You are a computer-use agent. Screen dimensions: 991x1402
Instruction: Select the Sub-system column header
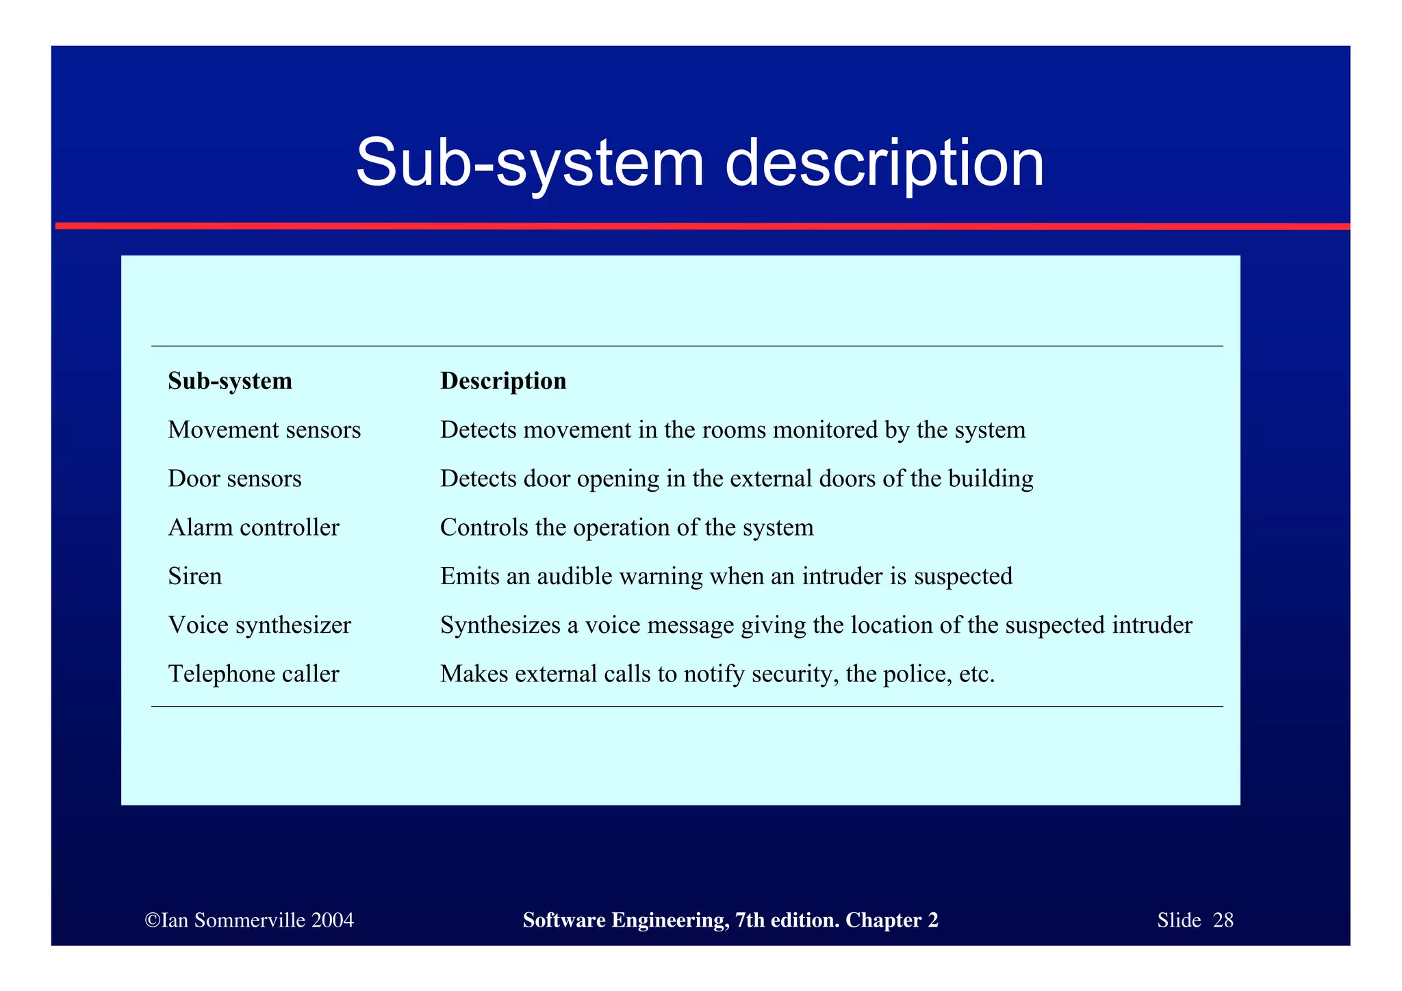pos(230,381)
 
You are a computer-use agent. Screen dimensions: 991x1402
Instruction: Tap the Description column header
pos(503,381)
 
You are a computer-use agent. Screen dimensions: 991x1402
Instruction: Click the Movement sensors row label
pos(264,430)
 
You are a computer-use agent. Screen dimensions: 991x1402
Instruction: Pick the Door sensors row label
pos(235,479)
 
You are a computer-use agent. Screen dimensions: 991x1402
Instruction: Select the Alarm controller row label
pos(253,527)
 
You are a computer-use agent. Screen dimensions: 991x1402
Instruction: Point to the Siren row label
pos(195,576)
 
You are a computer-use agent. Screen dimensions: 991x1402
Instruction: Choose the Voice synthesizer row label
pos(259,625)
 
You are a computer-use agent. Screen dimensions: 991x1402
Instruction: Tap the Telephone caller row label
pos(253,674)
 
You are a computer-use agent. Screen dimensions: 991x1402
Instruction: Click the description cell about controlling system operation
pos(626,527)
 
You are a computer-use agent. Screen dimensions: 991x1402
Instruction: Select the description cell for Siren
pos(726,576)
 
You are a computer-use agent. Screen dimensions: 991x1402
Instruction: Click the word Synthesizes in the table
pos(500,625)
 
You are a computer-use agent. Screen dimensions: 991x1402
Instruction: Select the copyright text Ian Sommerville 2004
pos(250,920)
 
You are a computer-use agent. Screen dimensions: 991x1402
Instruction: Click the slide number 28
pos(1223,920)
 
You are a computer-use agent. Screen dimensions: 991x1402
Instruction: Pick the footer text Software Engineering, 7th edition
pos(680,920)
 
